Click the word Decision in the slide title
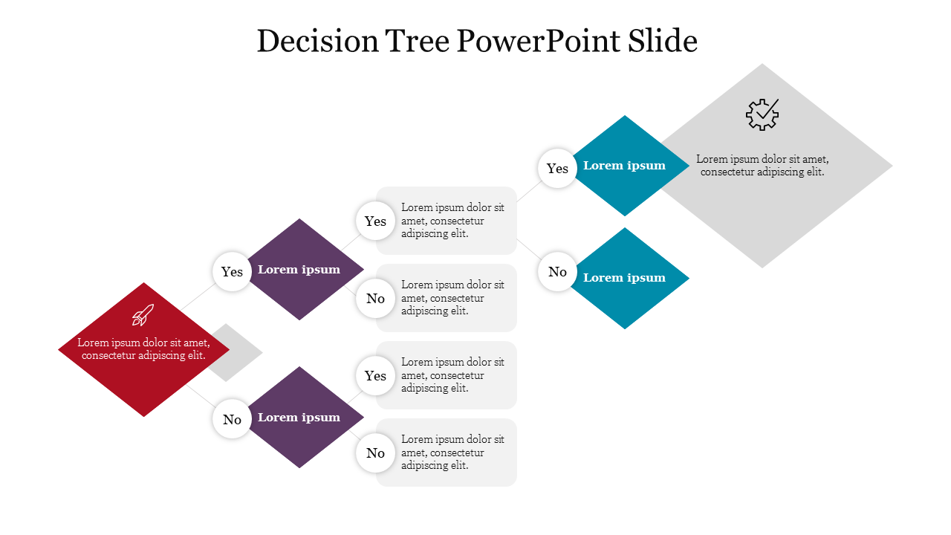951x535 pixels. (317, 42)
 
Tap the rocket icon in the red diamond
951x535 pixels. (143, 315)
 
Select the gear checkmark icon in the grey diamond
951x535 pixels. (762, 114)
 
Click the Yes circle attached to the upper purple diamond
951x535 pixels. (232, 272)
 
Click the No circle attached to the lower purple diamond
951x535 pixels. (232, 420)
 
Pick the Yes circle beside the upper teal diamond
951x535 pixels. (557, 169)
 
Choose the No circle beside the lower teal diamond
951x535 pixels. (557, 272)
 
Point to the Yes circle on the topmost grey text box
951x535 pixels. (375, 221)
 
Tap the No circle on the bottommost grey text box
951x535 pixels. (375, 453)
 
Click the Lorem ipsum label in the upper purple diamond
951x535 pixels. (299, 270)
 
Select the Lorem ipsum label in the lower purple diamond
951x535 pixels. (299, 418)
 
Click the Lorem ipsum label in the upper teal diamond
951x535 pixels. (624, 166)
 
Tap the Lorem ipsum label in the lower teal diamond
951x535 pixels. (624, 278)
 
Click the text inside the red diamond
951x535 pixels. (143, 349)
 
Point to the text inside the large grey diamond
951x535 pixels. (762, 165)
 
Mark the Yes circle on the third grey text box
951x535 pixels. (375, 376)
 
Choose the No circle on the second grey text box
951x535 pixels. (375, 299)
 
